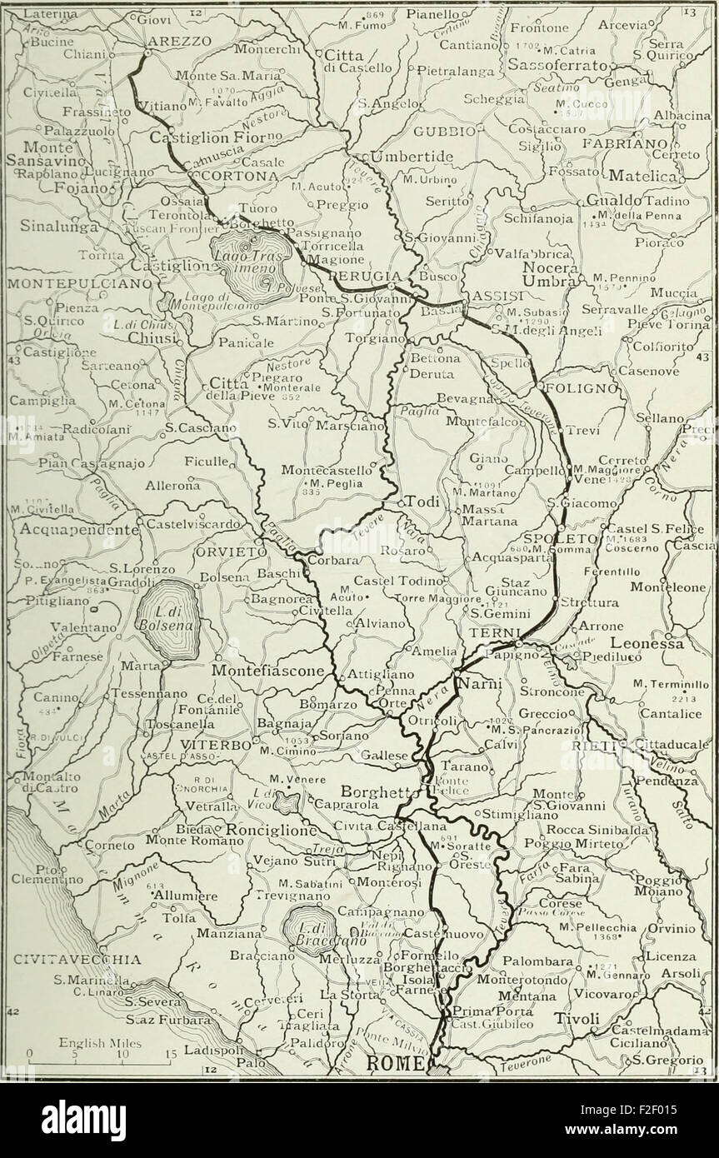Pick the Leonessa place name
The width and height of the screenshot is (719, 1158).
coord(647,643)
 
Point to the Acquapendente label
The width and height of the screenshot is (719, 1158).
coord(67,528)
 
